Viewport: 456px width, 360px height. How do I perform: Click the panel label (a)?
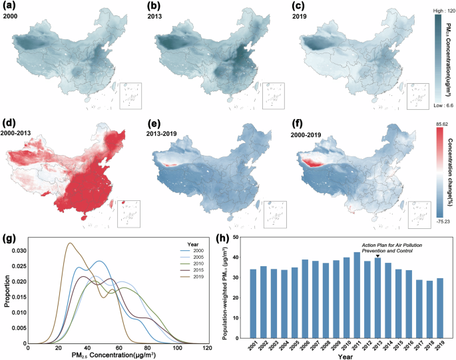click(11, 6)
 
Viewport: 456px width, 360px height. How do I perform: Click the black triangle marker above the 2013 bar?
click(377, 256)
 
